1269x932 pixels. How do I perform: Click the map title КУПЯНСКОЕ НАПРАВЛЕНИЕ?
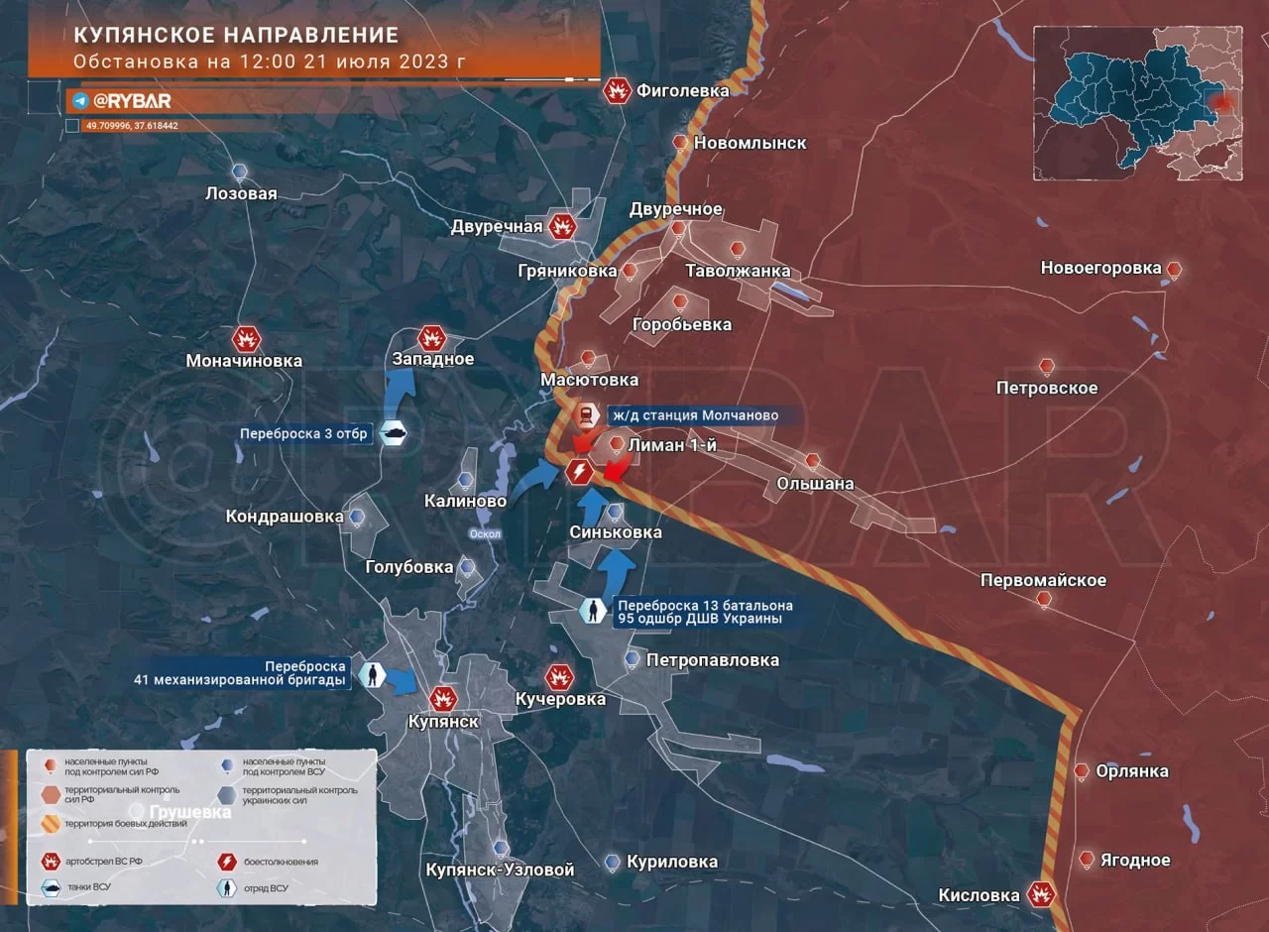point(236,36)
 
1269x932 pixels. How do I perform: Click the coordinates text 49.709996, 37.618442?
point(131,126)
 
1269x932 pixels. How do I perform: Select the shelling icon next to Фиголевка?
point(619,91)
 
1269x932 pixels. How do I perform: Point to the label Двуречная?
point(497,227)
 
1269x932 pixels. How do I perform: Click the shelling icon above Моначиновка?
point(246,340)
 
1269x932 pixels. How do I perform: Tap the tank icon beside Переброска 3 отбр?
point(394,433)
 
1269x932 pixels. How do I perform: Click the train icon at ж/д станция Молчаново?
point(588,415)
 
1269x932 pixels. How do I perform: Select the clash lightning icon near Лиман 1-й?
point(579,472)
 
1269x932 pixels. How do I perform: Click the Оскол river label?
point(486,533)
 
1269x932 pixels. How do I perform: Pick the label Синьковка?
point(616,532)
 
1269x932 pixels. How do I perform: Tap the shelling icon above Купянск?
point(443,698)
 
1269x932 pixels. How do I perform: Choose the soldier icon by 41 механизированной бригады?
point(373,675)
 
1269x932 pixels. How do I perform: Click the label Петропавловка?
point(712,659)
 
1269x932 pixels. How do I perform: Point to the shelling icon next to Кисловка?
point(1041,894)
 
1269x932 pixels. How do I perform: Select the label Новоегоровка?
point(1100,268)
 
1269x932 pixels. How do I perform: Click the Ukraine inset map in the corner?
point(1137,103)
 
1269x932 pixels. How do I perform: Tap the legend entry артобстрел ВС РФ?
point(95,862)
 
